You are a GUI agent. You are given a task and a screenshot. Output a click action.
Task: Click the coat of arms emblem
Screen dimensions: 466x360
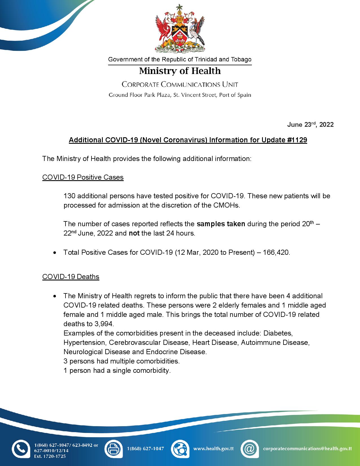click(180, 29)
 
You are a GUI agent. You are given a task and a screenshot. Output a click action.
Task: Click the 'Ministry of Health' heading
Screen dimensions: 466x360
click(180, 71)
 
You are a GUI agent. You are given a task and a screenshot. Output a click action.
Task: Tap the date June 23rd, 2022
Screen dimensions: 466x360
click(310, 125)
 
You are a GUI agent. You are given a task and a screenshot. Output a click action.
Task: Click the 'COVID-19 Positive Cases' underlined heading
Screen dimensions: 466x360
click(83, 177)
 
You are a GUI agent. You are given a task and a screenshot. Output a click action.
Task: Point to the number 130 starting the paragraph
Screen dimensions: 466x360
click(69, 196)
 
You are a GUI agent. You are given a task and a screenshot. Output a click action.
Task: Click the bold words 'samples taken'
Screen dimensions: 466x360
click(221, 224)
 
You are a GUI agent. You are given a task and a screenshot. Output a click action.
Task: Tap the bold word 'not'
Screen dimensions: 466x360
click(134, 234)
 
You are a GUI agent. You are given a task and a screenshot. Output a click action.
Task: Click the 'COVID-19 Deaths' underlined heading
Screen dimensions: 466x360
click(71, 276)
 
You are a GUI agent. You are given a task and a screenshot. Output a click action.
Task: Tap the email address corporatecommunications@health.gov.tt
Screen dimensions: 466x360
click(307, 448)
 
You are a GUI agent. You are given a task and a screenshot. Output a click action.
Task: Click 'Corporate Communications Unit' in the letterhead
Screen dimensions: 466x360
click(180, 84)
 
